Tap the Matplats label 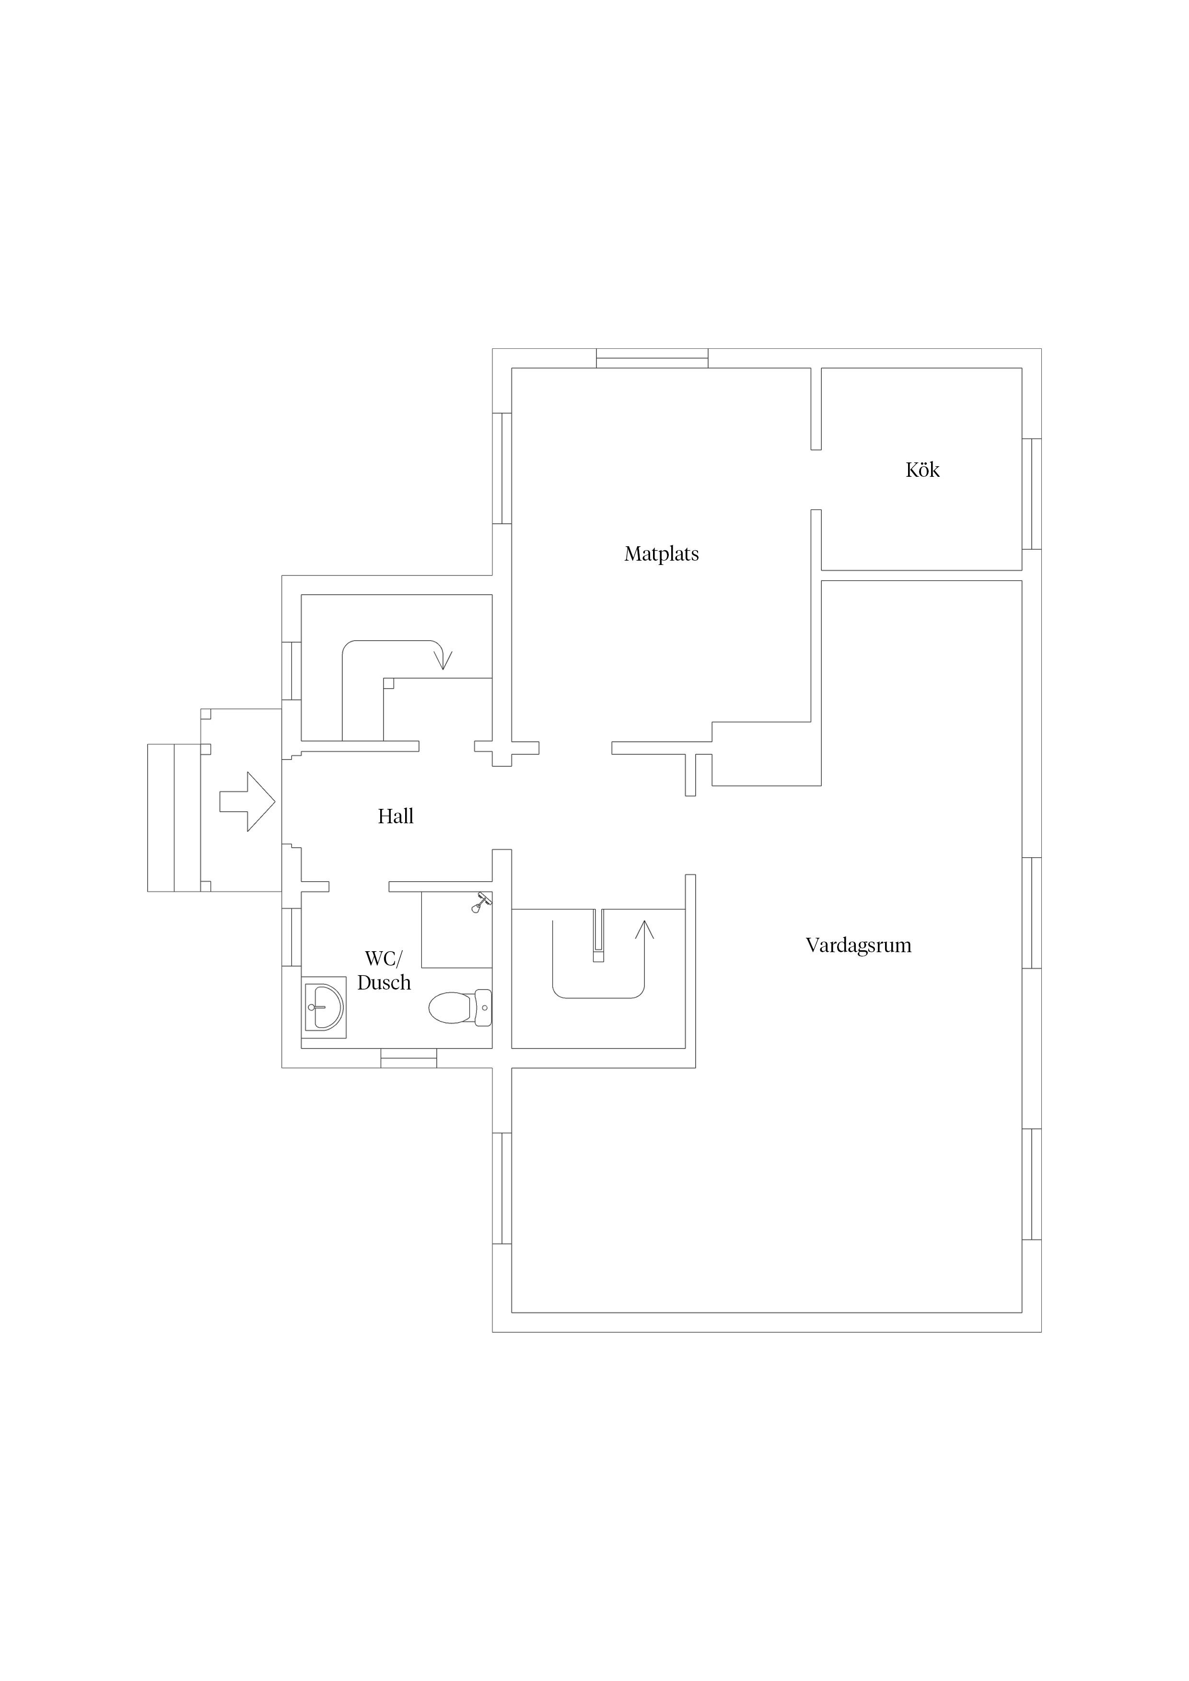662,554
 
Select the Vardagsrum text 859,945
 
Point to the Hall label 396,817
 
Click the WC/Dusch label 384,971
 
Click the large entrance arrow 247,802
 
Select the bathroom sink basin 324,1007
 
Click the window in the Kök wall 1031,494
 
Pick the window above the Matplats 652,358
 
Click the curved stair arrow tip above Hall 443,668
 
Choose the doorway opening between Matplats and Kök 816,480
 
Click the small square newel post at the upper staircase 388,684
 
